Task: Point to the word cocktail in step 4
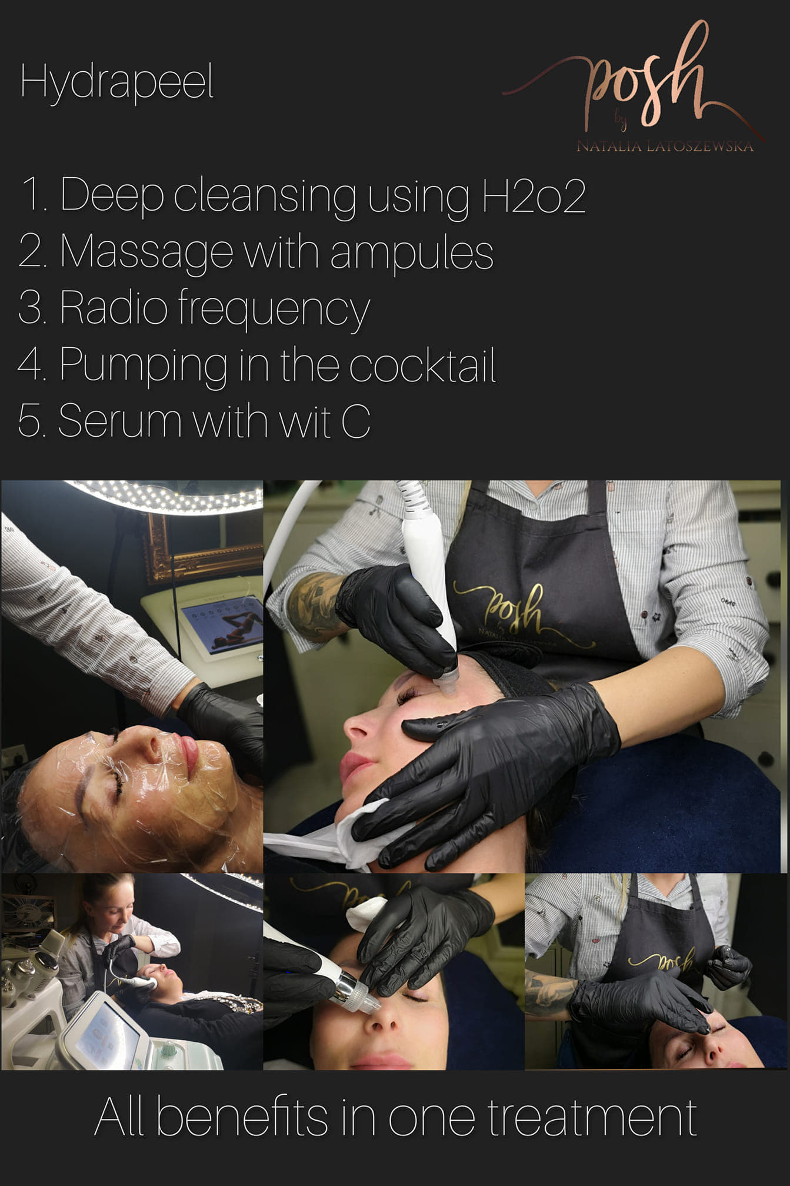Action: (423, 365)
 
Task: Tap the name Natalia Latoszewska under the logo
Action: (665, 146)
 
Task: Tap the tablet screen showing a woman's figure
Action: (221, 626)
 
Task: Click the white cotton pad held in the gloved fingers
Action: (365, 912)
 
